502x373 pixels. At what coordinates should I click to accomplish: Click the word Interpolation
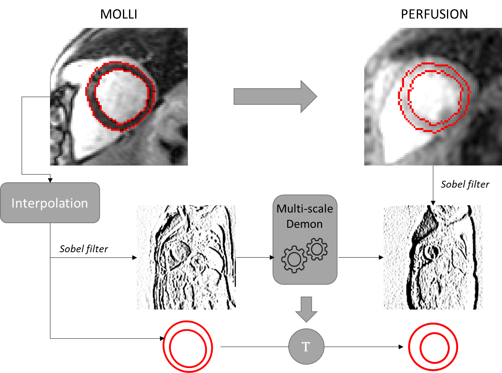[50, 203]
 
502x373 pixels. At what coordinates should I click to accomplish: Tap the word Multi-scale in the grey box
[305, 209]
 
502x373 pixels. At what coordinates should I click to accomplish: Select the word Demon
[305, 224]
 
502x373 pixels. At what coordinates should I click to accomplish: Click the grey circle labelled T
[306, 346]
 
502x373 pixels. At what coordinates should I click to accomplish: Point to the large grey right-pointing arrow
[275, 97]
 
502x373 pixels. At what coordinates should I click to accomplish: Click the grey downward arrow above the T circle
[306, 309]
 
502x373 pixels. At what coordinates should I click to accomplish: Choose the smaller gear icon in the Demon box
[316, 249]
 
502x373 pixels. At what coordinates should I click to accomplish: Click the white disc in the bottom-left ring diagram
[188, 348]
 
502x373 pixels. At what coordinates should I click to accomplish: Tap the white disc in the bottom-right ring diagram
[434, 349]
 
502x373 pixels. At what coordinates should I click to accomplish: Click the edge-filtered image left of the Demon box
[186, 257]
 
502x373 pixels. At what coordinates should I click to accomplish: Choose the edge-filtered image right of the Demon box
[433, 257]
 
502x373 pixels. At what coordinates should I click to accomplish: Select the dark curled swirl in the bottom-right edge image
[432, 253]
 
